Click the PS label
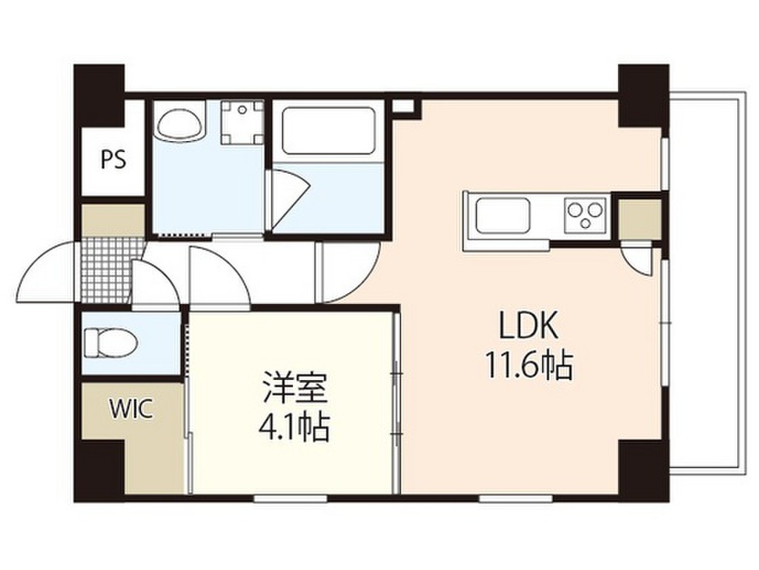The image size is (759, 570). click(113, 158)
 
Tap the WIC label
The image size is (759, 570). click(131, 408)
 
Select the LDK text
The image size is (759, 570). click(527, 327)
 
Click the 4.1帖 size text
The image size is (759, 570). click(294, 427)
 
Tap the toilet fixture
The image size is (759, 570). click(110, 343)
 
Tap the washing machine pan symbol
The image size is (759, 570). click(242, 123)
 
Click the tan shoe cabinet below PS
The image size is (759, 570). click(113, 219)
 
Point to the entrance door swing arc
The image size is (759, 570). click(44, 275)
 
